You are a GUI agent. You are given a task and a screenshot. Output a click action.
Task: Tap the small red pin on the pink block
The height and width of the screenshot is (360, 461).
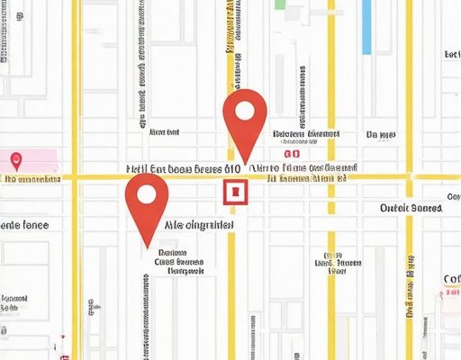coord(15,161)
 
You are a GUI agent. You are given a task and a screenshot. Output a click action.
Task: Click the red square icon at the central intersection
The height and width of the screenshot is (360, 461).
coord(233,192)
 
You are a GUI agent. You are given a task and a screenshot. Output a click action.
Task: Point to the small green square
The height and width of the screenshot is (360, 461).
coord(280,5)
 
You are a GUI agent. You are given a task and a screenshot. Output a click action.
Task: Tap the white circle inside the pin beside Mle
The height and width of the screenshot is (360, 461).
coord(146,194)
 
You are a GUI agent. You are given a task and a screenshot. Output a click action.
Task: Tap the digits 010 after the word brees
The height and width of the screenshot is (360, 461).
coord(231,168)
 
